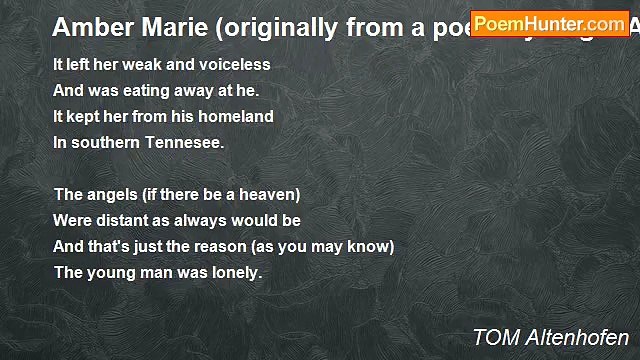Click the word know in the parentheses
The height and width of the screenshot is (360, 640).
370,246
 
